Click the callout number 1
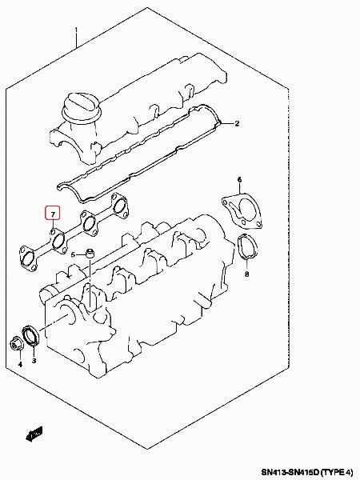(x=76, y=30)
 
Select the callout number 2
(x=237, y=124)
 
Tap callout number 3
(x=34, y=361)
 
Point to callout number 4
(x=20, y=364)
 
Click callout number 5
(x=73, y=254)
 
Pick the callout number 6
(x=239, y=179)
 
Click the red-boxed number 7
(x=53, y=214)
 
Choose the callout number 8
(x=247, y=274)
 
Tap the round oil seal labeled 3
(x=30, y=336)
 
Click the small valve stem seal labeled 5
(x=90, y=254)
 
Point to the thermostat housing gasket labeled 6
(x=242, y=210)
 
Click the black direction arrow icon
(x=34, y=434)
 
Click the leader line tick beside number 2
(x=227, y=124)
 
